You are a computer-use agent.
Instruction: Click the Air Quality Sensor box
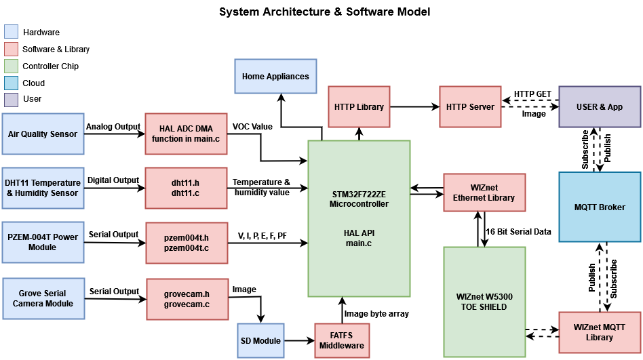pyautogui.click(x=43, y=134)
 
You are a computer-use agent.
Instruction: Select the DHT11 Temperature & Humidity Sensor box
pyautogui.click(x=43, y=188)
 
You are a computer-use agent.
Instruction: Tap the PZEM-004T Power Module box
pyautogui.click(x=43, y=242)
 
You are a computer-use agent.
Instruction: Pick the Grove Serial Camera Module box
pyautogui.click(x=43, y=298)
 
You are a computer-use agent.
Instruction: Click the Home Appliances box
pyautogui.click(x=275, y=77)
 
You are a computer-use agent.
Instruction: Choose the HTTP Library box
pyautogui.click(x=359, y=106)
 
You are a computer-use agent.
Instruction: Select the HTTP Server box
pyautogui.click(x=471, y=106)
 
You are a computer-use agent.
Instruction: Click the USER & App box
pyautogui.click(x=600, y=106)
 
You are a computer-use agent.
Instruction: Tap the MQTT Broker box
pyautogui.click(x=600, y=207)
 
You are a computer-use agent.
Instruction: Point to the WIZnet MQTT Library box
pyautogui.click(x=600, y=332)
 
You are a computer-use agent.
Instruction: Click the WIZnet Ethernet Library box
pyautogui.click(x=484, y=193)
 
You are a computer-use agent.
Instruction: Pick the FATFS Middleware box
pyautogui.click(x=342, y=340)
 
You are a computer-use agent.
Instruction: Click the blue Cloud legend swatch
pyautogui.click(x=12, y=83)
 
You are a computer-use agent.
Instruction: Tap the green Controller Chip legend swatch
pyautogui.click(x=12, y=66)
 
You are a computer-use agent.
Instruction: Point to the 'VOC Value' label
pyautogui.click(x=252, y=127)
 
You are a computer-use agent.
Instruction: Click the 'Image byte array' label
pyautogui.click(x=376, y=313)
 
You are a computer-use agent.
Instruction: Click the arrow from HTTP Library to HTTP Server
pyautogui.click(x=414, y=106)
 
